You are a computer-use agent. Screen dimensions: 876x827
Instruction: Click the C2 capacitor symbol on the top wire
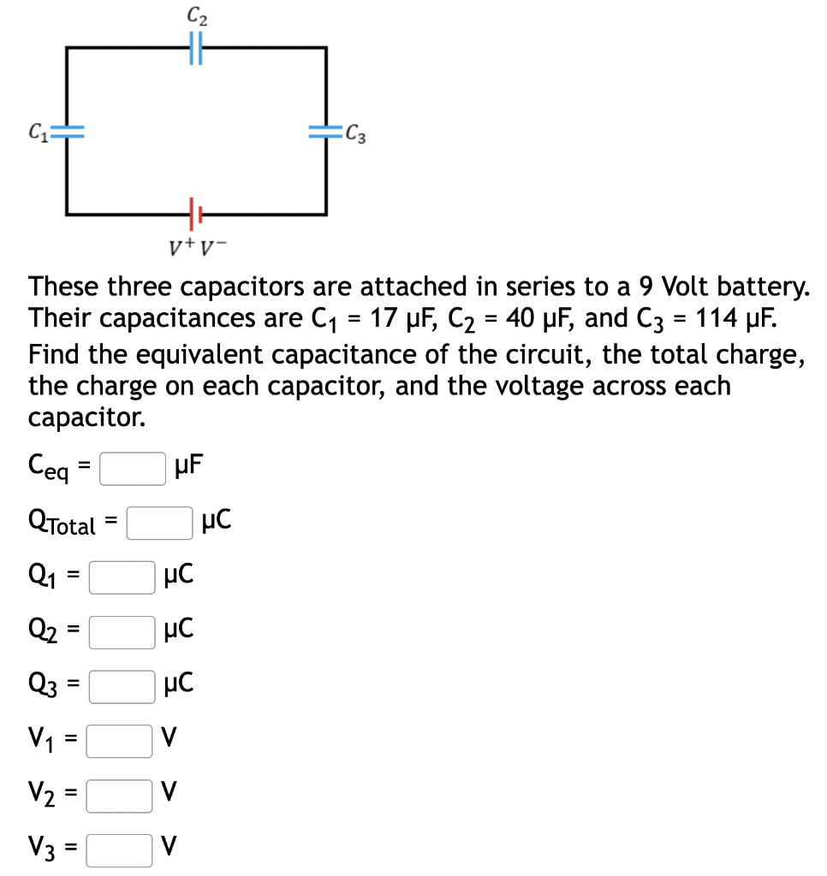(195, 48)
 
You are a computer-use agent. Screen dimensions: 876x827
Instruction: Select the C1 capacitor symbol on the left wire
(68, 131)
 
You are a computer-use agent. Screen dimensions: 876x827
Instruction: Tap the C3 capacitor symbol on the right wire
(325, 130)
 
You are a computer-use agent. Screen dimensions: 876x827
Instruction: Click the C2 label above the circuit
(195, 15)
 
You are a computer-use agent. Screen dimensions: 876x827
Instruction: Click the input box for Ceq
(133, 469)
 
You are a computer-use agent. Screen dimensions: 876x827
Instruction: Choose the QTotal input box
(159, 523)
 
